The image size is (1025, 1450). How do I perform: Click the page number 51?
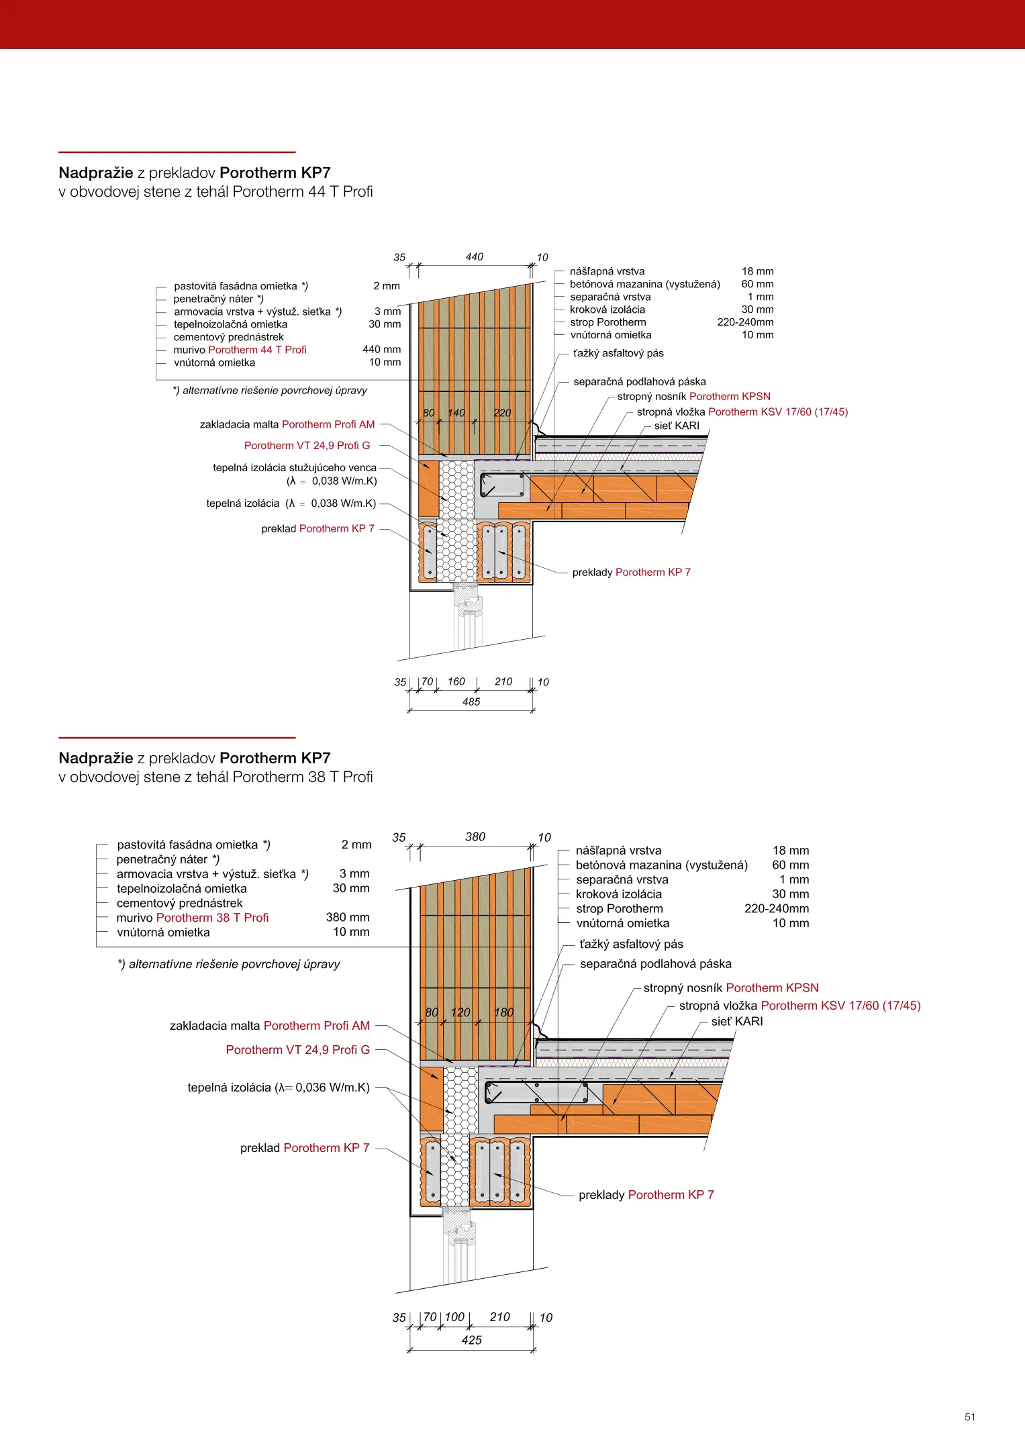point(969,1416)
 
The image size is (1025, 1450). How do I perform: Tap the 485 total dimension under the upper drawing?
point(471,702)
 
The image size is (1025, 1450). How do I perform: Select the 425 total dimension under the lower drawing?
point(472,1340)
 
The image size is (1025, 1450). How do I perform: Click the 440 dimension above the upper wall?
point(474,257)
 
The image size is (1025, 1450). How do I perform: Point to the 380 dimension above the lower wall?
point(475,837)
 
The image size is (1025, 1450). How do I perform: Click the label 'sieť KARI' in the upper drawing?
point(677,426)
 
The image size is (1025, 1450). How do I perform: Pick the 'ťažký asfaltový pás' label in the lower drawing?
point(631,944)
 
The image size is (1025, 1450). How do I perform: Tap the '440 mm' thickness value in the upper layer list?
point(381,350)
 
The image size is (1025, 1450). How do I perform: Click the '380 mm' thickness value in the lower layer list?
point(348,917)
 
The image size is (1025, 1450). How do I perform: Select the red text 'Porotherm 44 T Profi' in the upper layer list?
point(257,350)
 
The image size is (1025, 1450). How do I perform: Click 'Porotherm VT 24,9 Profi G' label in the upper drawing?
point(307,446)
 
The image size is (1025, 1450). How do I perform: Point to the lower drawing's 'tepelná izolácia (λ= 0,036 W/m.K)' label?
point(279,1087)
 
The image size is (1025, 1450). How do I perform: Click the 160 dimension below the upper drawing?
point(456,682)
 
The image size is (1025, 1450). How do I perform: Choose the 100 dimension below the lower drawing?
point(454,1317)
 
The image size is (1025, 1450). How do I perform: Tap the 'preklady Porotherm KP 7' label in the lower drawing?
point(646,1195)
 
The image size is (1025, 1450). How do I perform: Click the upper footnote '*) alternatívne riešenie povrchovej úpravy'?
point(270,391)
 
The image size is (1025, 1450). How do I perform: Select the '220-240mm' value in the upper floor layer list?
point(745,322)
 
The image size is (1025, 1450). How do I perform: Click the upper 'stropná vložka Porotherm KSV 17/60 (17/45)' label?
point(742,412)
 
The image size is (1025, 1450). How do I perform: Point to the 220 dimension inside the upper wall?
point(502,413)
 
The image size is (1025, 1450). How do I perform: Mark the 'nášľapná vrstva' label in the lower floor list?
point(618,851)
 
